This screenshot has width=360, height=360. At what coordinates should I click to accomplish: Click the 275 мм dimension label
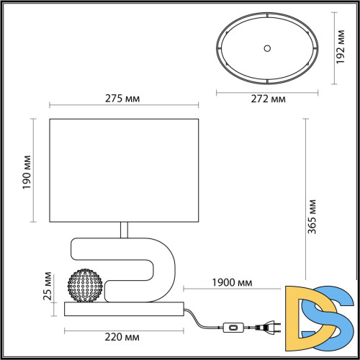(x=124, y=99)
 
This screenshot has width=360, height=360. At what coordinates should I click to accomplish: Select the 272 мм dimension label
(x=267, y=99)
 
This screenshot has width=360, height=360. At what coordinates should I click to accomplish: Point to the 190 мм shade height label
(x=27, y=171)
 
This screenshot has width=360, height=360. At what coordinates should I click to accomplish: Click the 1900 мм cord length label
(x=232, y=283)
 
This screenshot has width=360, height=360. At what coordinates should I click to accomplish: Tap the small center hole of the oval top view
(x=267, y=48)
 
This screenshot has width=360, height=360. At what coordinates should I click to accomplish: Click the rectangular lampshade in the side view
(x=124, y=171)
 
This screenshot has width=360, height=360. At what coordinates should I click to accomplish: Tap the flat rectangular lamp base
(x=124, y=310)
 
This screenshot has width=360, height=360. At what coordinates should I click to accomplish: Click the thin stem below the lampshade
(x=125, y=230)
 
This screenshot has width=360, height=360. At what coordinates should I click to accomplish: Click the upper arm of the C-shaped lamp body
(x=115, y=247)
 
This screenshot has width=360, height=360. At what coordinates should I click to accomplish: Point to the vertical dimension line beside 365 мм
(x=305, y=209)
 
